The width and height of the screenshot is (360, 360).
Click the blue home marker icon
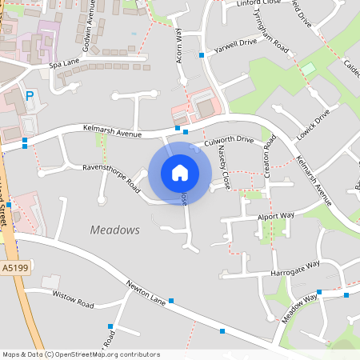click(x=180, y=173)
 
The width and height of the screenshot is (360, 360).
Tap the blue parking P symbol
click(x=30, y=96)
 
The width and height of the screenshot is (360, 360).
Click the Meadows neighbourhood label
click(x=114, y=230)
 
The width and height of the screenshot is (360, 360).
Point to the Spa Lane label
click(x=66, y=64)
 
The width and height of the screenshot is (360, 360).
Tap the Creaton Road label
click(x=270, y=156)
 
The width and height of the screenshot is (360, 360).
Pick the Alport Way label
click(x=276, y=216)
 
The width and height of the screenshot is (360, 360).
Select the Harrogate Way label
click(x=298, y=264)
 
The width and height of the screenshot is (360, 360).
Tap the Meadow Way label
click(x=298, y=308)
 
